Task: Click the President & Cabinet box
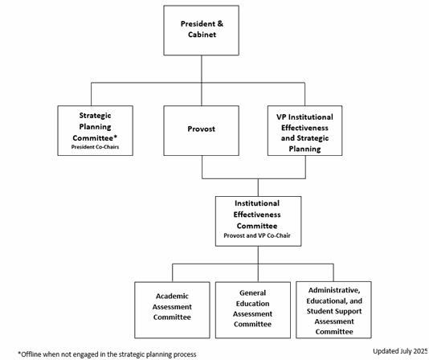(x=202, y=31)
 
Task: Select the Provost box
(x=202, y=131)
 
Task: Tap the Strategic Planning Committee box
(x=96, y=131)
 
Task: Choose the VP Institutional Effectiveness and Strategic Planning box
(x=304, y=131)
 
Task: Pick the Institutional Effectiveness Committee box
(x=258, y=221)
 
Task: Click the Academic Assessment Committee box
(x=172, y=310)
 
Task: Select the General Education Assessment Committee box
(x=253, y=310)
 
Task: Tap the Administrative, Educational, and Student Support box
(x=333, y=310)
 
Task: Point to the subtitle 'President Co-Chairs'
(x=96, y=147)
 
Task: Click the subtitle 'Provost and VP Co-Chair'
(x=257, y=235)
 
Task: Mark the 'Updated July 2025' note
(x=400, y=351)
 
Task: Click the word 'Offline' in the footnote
(x=30, y=354)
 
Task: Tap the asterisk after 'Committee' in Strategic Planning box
(x=115, y=137)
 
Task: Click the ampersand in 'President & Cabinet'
(x=220, y=24)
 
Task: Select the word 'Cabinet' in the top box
(x=202, y=35)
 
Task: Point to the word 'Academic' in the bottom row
(x=172, y=297)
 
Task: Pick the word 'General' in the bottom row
(x=252, y=293)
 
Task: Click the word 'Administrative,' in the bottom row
(x=334, y=290)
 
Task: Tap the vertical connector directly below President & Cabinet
(x=202, y=80)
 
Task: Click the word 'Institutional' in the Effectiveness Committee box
(x=257, y=203)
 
